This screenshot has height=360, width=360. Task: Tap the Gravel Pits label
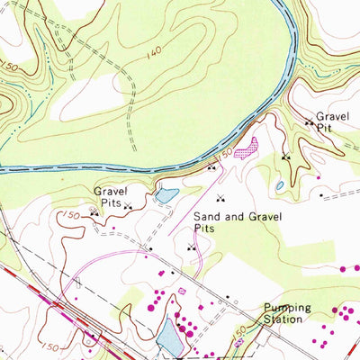[112, 197]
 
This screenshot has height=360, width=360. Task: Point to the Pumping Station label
[287, 313]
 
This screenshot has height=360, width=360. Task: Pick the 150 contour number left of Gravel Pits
[73, 214]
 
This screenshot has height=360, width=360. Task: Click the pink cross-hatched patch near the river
[245, 148]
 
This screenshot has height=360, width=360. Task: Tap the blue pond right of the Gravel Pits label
[166, 193]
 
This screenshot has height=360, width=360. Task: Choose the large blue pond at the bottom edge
[169, 337]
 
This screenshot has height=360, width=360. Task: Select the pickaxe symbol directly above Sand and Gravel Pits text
[220, 198]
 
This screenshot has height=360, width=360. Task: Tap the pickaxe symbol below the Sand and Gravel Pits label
[190, 247]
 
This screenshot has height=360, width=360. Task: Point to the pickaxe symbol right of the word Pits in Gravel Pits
[127, 206]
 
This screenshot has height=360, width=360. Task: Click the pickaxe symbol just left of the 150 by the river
[211, 167]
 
